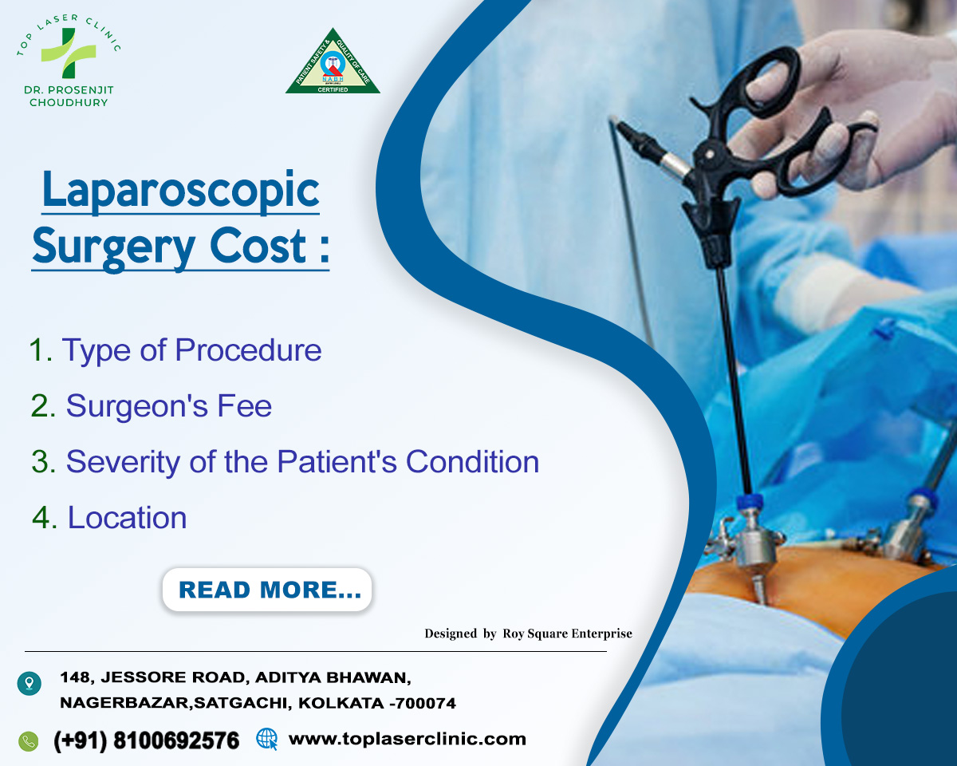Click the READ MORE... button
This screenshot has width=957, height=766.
click(267, 590)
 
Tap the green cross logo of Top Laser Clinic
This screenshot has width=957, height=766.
click(69, 52)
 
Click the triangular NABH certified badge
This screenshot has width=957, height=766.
click(333, 63)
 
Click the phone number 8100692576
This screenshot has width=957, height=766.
click(176, 740)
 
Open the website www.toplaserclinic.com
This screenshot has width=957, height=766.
click(407, 739)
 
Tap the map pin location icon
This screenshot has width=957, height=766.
click(29, 683)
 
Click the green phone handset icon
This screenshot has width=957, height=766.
click(29, 740)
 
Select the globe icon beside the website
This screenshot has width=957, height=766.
click(266, 739)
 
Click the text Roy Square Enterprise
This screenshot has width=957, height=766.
click(567, 634)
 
